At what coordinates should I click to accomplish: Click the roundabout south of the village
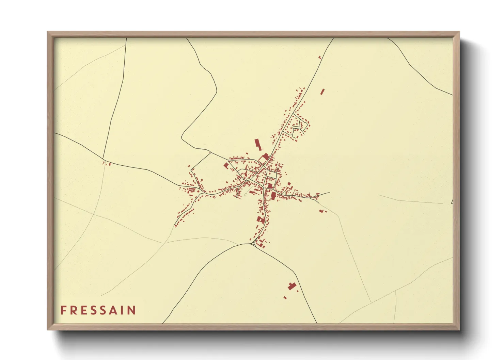(253, 243)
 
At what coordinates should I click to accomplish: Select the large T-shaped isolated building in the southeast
(292, 286)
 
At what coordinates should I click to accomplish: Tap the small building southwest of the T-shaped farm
(285, 298)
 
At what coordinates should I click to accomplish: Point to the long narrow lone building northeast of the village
(322, 92)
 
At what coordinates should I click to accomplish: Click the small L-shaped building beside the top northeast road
(320, 57)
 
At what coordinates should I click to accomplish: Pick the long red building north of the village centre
(257, 144)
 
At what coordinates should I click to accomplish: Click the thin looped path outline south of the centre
(246, 194)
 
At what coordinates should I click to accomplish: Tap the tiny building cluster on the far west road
(107, 164)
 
